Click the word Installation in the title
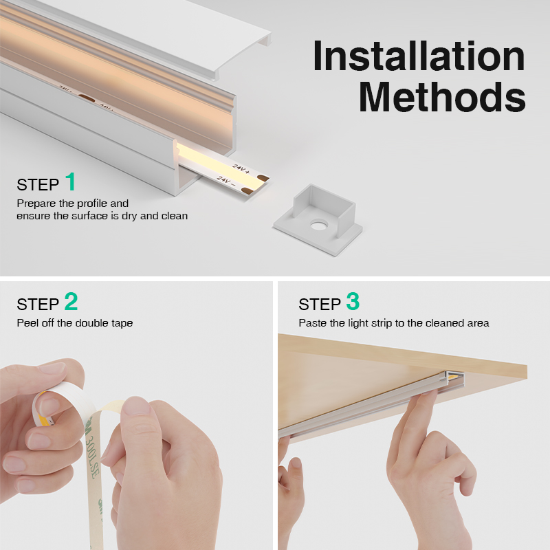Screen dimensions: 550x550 (x=419, y=56)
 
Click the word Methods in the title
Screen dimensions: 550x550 (x=442, y=96)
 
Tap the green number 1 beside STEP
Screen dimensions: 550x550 (x=71, y=181)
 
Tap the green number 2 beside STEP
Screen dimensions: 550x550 (x=71, y=301)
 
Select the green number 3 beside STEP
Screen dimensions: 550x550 (x=353, y=301)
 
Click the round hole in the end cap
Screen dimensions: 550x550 (x=319, y=225)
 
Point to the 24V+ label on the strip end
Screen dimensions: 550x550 (x=241, y=168)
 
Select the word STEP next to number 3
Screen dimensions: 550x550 (x=320, y=305)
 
